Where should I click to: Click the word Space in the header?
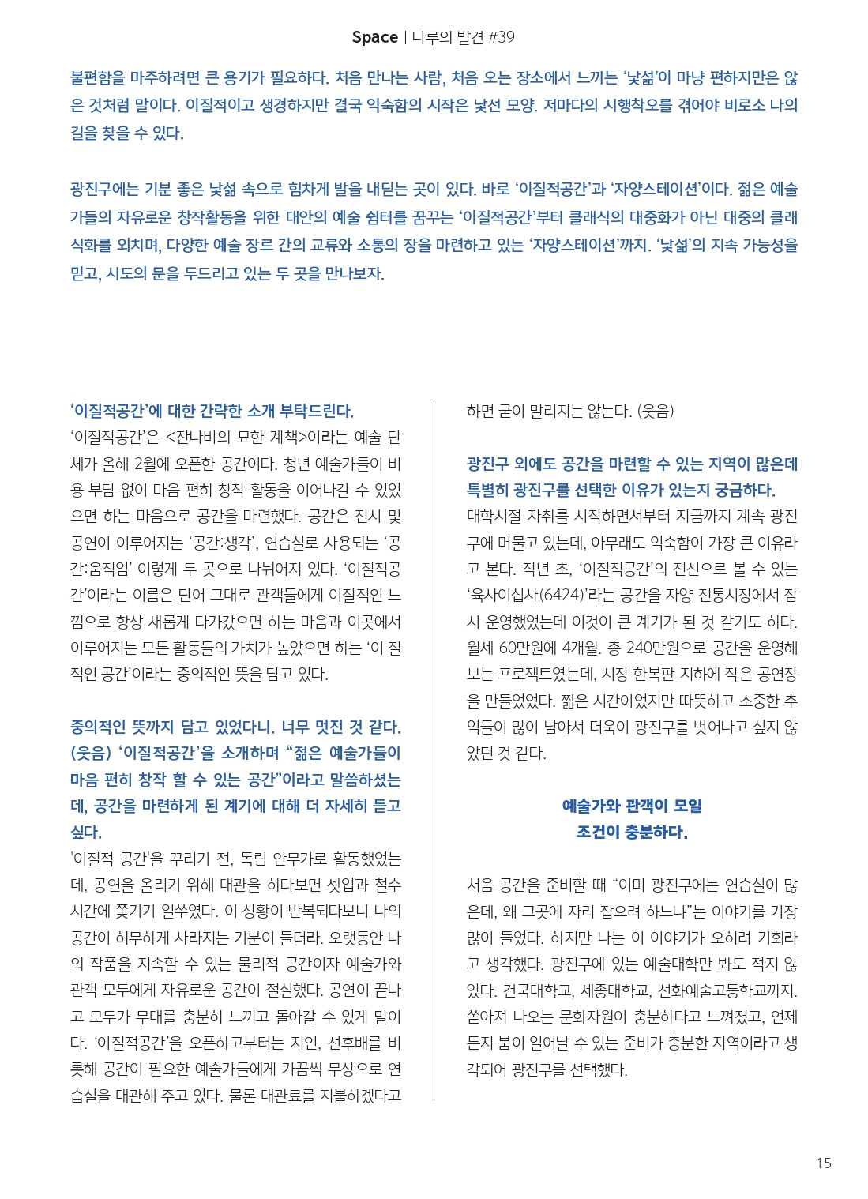374,37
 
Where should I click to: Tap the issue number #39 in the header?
498,37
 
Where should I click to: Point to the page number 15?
823,1163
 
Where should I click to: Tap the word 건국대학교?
537,990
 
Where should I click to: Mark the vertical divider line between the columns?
434,750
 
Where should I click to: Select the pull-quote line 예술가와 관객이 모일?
632,806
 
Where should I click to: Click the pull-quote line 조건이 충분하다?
632,833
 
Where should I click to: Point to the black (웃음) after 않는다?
655,411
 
